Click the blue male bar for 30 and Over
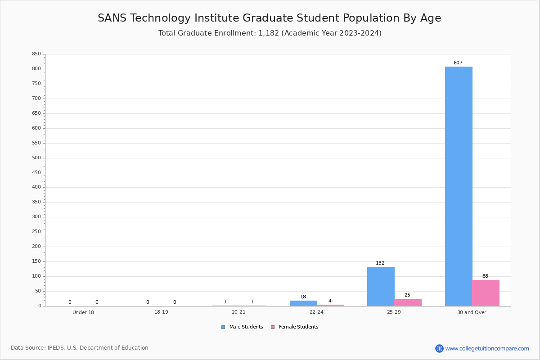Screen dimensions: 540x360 (459, 186)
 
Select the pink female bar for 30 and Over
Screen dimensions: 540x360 (486, 293)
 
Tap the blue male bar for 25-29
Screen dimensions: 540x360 (381, 287)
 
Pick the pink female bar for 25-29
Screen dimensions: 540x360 (408, 302)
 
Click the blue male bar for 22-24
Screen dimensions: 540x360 (303, 303)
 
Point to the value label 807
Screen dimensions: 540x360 (458, 63)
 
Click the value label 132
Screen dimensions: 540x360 (380, 263)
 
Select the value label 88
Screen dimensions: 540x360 (485, 276)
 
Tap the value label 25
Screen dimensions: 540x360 (407, 295)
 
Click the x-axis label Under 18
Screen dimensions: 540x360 (83, 312)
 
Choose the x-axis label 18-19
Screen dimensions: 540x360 (161, 312)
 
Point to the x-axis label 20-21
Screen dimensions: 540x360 (238, 312)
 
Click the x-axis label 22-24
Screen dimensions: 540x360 (316, 312)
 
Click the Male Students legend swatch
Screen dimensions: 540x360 (223, 327)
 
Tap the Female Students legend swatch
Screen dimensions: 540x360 (273, 327)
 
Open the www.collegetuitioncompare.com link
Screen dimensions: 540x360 (487, 348)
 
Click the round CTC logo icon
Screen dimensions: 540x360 (439, 348)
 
